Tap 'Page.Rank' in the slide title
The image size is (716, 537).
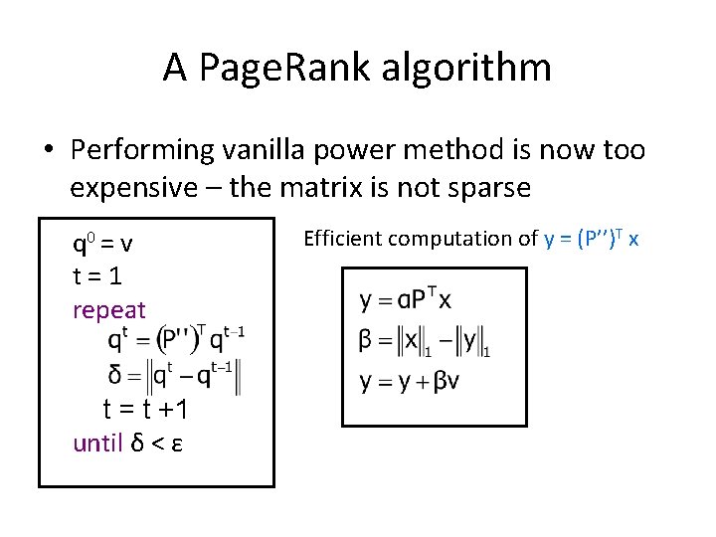[288, 68]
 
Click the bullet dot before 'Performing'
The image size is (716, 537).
[47, 151]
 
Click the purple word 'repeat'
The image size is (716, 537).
[109, 310]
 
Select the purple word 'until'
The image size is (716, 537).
[97, 443]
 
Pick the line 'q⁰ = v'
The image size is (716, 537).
[103, 244]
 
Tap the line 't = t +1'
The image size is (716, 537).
[145, 409]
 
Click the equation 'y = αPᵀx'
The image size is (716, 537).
[406, 298]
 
